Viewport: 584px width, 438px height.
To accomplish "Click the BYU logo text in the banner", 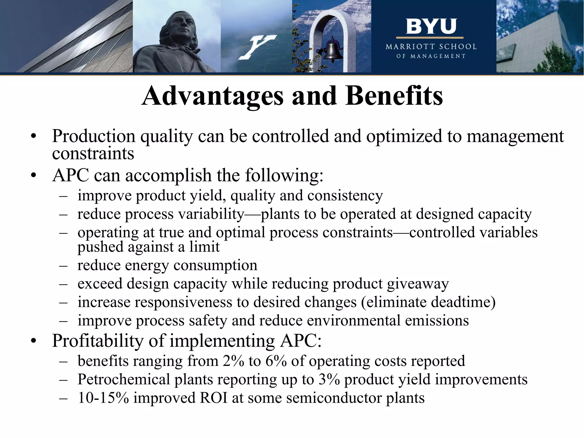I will [x=431, y=27].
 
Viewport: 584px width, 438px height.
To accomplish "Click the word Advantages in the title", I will [x=212, y=96].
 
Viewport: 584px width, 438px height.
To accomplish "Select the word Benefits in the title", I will [x=394, y=96].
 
